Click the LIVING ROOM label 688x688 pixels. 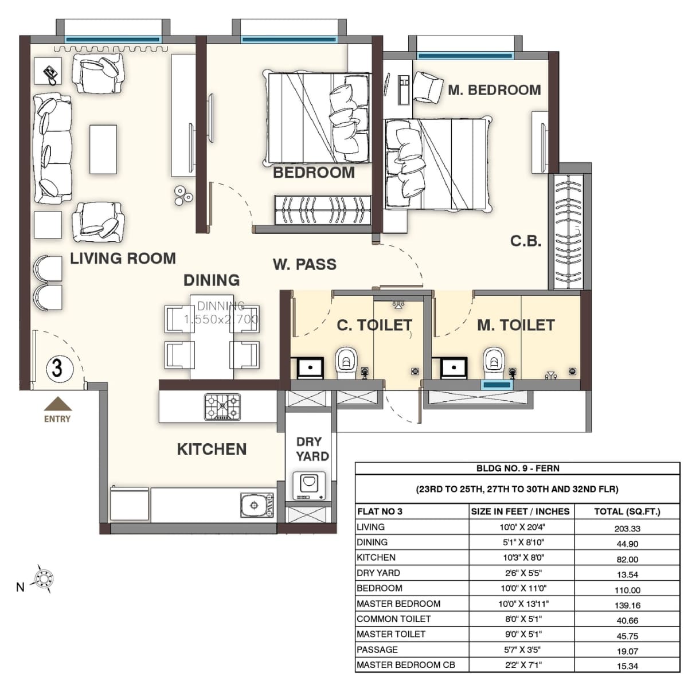pos(123,259)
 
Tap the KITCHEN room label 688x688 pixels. pos(212,449)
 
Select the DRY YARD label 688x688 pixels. pos(312,449)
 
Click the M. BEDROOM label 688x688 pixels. pos(494,90)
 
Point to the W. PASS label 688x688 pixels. pos(304,264)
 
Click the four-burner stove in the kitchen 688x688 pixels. pos(222,406)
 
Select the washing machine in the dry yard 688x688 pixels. pos(309,485)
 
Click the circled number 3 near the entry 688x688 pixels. pos(57,367)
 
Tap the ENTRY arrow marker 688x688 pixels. pos(57,405)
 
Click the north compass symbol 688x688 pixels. pos(44,578)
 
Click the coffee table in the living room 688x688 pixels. pos(103,149)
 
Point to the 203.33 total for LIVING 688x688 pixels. pos(627,529)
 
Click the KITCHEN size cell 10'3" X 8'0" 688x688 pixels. pos(522,557)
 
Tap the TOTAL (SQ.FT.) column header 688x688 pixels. pos(627,511)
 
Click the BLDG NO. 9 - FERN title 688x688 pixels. pos(517,468)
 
